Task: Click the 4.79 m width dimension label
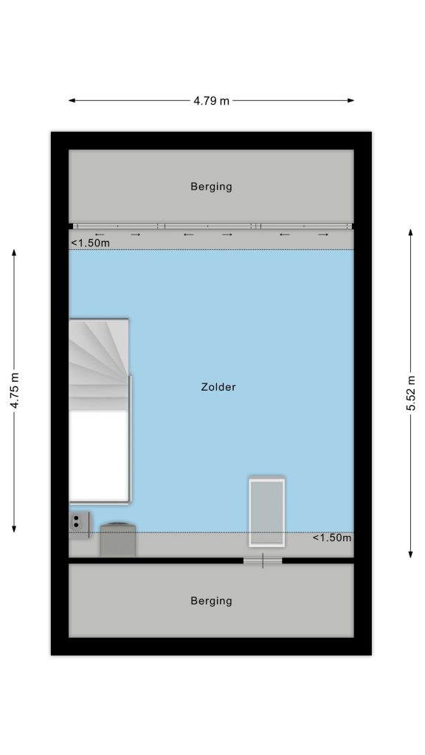(212, 100)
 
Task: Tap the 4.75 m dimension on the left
(15, 391)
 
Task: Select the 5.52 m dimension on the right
(410, 393)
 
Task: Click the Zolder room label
(218, 386)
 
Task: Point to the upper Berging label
(211, 187)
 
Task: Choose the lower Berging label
(211, 600)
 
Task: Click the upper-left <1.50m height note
(90, 243)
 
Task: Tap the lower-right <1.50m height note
(332, 537)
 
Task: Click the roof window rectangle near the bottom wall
(266, 512)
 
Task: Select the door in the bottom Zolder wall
(263, 560)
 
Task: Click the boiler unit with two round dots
(79, 525)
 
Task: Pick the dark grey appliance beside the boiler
(117, 540)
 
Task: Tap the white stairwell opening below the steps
(99, 456)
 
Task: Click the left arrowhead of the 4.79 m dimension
(72, 100)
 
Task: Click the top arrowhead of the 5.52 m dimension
(410, 232)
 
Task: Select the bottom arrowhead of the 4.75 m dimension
(14, 529)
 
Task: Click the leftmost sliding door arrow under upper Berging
(100, 234)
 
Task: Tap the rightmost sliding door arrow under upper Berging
(323, 234)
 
